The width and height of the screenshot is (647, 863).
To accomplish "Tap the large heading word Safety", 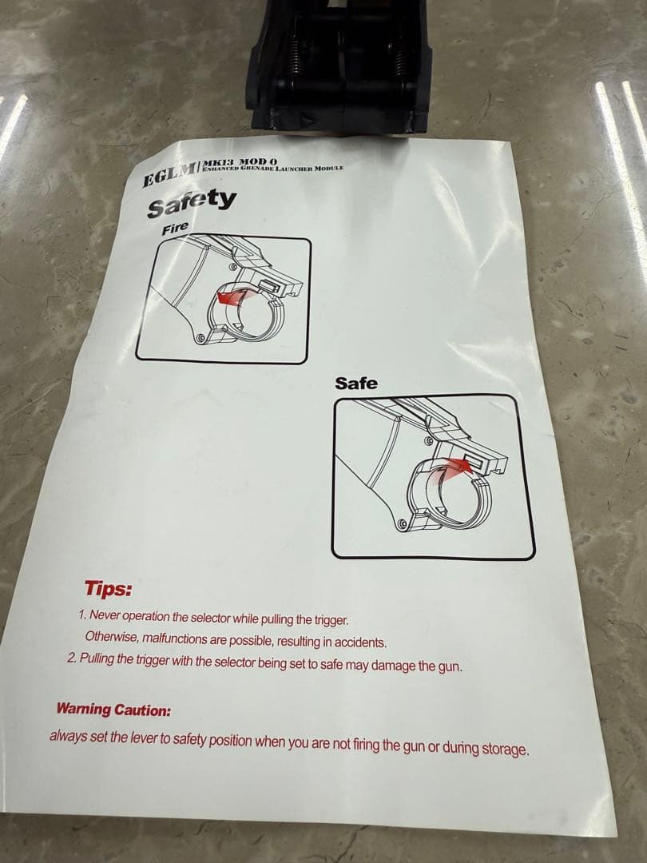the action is pyautogui.click(x=192, y=203).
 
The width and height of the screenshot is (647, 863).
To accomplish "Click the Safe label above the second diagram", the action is pyautogui.click(x=356, y=383).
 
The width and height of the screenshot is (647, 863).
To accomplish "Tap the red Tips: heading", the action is pyautogui.click(x=109, y=588).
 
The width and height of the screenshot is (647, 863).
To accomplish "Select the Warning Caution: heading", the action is pyautogui.click(x=114, y=710).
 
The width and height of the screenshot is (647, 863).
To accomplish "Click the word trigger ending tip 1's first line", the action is pyautogui.click(x=331, y=620).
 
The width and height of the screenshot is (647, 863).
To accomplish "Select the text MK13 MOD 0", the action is pyautogui.click(x=240, y=162).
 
